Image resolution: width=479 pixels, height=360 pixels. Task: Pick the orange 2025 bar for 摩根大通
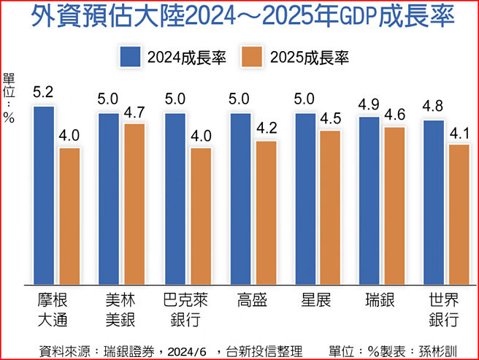[x=70, y=215]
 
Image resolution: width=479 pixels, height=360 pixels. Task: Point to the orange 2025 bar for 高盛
[x=266, y=212]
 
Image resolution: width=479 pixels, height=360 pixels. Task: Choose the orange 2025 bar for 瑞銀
[x=395, y=205]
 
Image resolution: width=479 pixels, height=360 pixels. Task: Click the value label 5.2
[x=43, y=93]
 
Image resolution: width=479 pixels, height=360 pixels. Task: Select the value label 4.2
[x=266, y=129]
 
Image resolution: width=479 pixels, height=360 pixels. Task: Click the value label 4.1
[x=461, y=133]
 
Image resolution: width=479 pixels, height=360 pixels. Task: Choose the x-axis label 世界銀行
[x=445, y=310]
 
